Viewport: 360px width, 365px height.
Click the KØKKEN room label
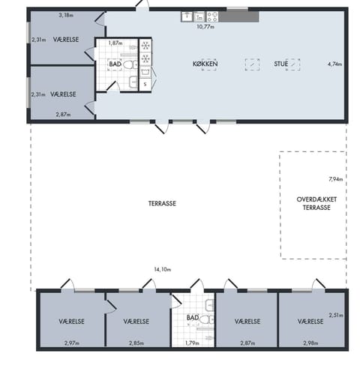[x=205, y=64]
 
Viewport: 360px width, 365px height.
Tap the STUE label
[x=281, y=64]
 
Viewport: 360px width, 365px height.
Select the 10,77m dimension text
[x=205, y=26]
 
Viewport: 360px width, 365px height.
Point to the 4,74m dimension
[x=334, y=64]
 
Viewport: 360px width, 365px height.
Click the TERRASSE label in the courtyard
[x=162, y=203]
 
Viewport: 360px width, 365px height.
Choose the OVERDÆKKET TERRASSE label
[x=316, y=203]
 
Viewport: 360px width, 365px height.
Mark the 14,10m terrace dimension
[x=163, y=269]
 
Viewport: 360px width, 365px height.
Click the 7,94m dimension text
[x=335, y=179]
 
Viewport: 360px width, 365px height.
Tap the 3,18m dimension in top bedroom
[x=66, y=15]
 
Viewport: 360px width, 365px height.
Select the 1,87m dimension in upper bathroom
[x=115, y=43]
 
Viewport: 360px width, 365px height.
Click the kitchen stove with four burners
[x=212, y=16]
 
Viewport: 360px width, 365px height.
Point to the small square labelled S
[x=145, y=85]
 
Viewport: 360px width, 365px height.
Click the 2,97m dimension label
[x=72, y=343]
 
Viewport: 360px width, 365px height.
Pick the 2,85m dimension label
[x=136, y=343]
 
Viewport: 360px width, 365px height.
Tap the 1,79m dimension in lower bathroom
[x=192, y=343]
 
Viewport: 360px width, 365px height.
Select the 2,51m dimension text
[x=336, y=316]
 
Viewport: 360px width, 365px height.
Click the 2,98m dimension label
[x=310, y=343]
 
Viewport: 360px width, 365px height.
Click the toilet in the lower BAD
[x=207, y=319]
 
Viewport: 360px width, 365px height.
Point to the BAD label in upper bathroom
[x=115, y=64]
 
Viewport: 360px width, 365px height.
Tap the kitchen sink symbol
[x=187, y=16]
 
